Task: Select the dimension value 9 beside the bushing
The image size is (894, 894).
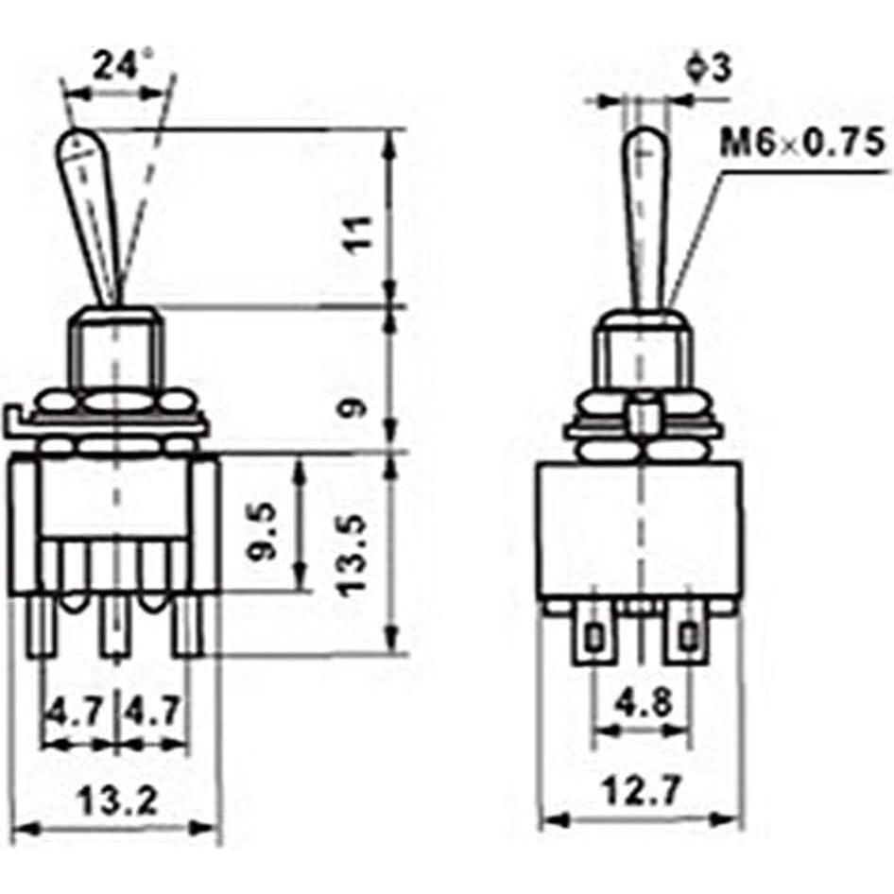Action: (351, 408)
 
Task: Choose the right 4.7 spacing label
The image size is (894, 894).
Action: (150, 709)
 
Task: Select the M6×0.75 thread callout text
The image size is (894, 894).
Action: (803, 144)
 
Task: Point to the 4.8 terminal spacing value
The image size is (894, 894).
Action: (642, 703)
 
